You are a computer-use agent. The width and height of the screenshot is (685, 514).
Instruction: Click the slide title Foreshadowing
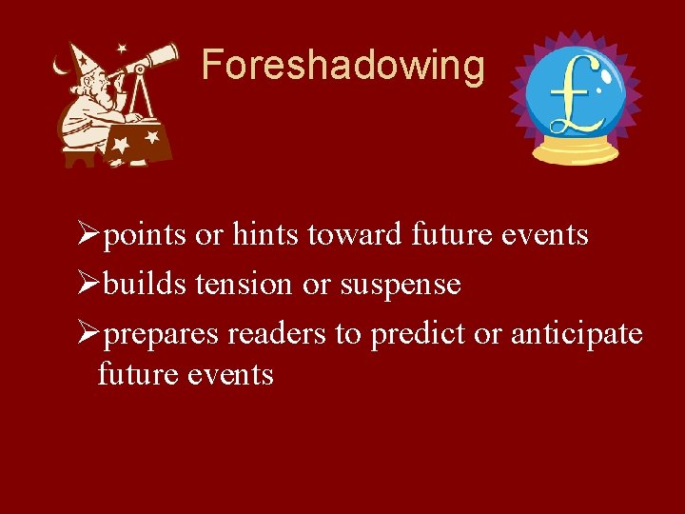[342, 66]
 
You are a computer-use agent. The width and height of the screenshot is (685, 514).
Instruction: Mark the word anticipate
[577, 335]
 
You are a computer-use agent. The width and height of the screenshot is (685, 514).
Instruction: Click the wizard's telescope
[153, 59]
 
